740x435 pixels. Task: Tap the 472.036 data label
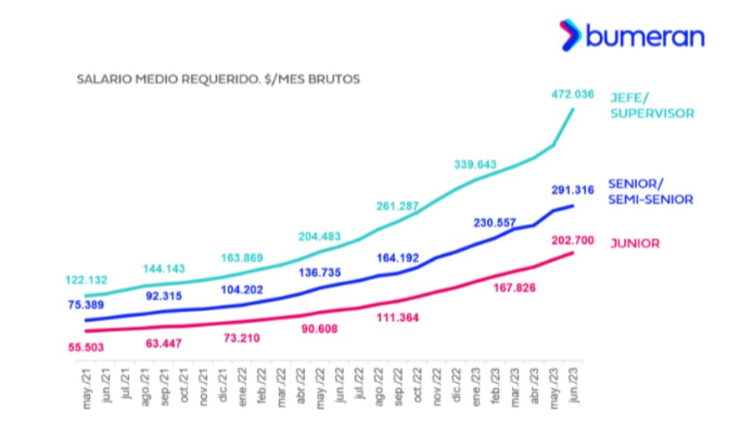(x=573, y=94)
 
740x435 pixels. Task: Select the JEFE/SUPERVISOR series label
(x=651, y=105)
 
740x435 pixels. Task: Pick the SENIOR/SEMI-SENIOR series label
(x=650, y=191)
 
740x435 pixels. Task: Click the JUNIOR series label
(x=634, y=243)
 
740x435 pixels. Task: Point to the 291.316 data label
(x=573, y=190)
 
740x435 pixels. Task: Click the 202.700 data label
(x=573, y=239)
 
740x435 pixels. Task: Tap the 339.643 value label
(x=476, y=165)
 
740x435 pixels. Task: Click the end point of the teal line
(x=573, y=110)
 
